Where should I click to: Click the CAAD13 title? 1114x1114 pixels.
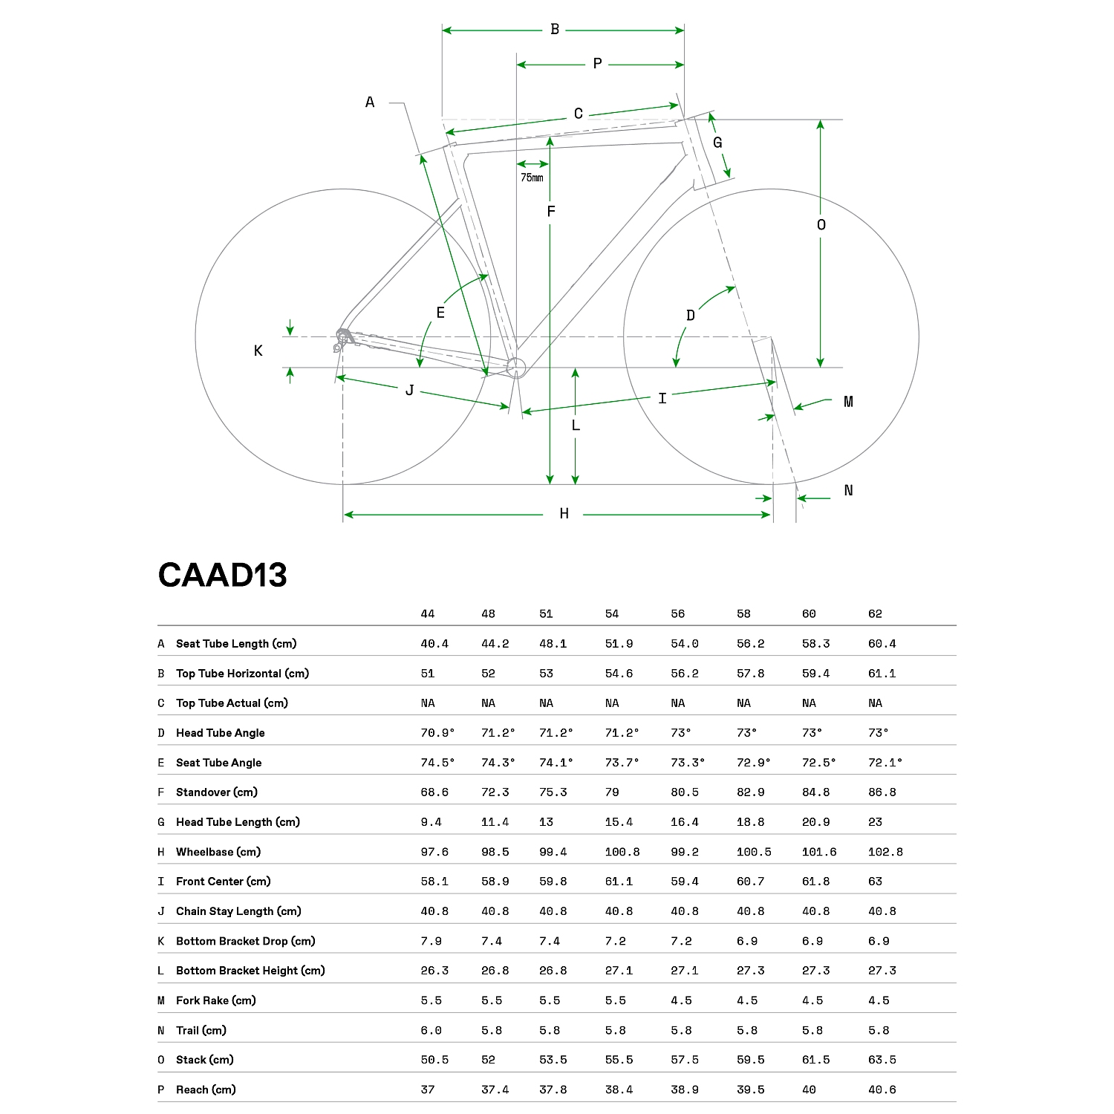222,576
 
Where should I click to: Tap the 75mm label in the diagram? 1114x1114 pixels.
532,177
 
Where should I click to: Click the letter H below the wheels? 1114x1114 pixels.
564,514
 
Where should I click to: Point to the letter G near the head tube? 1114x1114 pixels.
717,143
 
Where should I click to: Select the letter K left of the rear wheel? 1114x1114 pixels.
258,351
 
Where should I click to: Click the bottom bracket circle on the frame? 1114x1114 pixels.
516,367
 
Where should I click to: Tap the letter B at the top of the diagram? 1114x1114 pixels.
555,30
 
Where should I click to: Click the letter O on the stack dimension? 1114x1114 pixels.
821,225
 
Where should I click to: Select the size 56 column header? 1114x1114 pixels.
677,614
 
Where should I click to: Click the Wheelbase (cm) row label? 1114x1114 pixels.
218,852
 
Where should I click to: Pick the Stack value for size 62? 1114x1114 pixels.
882,1060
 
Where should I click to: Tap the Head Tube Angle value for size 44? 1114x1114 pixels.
437,733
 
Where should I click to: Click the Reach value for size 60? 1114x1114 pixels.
809,1089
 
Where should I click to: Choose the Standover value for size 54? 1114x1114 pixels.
612,792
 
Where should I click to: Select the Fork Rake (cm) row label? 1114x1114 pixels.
215,1000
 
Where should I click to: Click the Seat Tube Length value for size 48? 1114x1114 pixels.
495,644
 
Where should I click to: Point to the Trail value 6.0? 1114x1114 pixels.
431,1030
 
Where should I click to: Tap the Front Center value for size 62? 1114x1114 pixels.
875,882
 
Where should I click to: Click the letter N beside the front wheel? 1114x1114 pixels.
848,490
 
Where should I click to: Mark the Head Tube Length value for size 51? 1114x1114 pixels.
546,822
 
